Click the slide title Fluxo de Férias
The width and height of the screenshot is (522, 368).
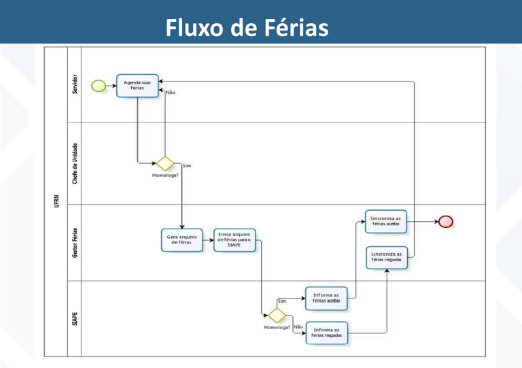(x=247, y=27)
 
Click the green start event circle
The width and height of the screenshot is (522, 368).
(x=99, y=86)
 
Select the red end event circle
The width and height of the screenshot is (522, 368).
(x=446, y=222)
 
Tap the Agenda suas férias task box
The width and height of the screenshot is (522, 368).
(x=137, y=85)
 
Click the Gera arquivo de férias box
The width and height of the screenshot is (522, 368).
(x=181, y=239)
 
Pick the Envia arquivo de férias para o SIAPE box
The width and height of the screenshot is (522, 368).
(x=234, y=239)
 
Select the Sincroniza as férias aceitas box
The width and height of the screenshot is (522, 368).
(x=386, y=221)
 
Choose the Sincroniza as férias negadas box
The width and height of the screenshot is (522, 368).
(x=386, y=257)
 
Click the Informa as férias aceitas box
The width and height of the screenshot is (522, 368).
(x=326, y=298)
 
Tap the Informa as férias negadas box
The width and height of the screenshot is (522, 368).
(x=326, y=333)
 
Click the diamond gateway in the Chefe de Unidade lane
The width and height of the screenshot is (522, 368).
(x=165, y=163)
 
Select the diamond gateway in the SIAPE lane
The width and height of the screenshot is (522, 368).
(x=277, y=315)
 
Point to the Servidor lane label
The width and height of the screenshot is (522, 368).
(x=74, y=85)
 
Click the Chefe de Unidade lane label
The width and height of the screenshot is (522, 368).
(x=74, y=163)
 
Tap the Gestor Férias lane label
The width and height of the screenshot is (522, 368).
(x=74, y=243)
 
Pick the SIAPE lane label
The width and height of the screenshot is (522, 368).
(x=74, y=318)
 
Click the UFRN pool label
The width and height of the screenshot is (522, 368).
(x=56, y=201)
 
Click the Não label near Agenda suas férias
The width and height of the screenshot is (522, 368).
(x=171, y=93)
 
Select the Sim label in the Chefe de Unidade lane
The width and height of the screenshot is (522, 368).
(x=186, y=166)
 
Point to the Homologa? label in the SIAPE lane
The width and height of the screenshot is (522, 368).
(x=277, y=327)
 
